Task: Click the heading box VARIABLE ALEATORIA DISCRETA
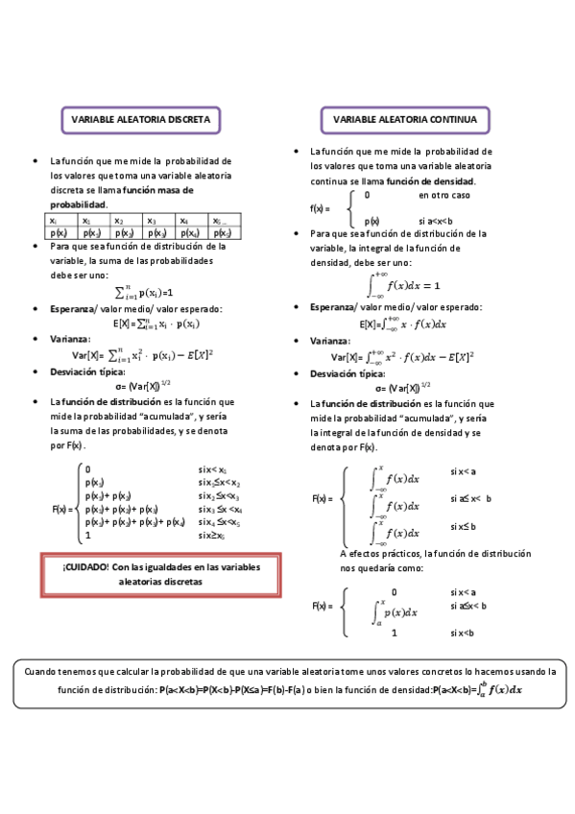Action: pos(141,120)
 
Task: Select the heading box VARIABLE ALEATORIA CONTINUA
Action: pos(404,120)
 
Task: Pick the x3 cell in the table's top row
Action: pos(158,221)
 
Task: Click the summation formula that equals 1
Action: pos(144,290)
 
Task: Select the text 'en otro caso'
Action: pos(443,196)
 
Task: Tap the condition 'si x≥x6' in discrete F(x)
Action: pos(213,536)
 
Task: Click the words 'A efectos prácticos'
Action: pos(379,554)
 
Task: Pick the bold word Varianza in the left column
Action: pos(69,339)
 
